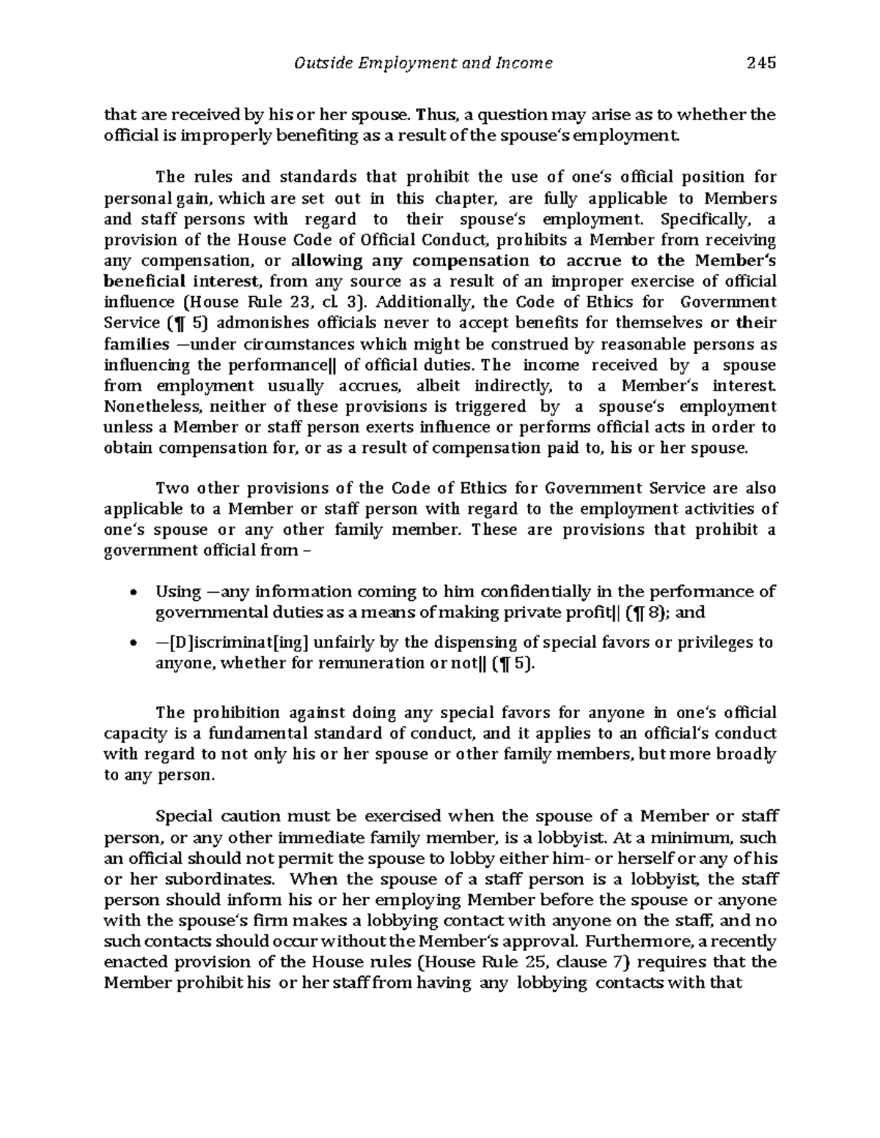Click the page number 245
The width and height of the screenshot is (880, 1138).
coord(761,63)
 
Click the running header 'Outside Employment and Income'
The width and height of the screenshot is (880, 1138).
coord(423,63)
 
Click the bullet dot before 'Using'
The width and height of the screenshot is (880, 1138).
coord(131,593)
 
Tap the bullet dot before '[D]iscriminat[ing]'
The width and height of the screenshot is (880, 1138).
coord(131,644)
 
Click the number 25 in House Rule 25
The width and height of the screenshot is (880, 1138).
coord(581,962)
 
